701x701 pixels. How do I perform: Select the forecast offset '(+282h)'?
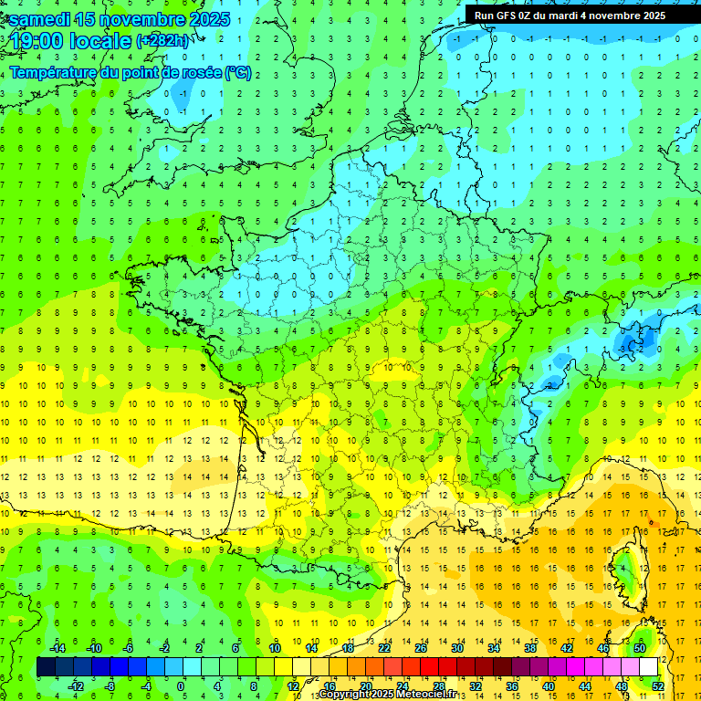tap(162, 41)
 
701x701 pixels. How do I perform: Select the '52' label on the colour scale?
tap(658, 686)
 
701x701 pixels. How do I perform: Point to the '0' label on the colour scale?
tap(181, 686)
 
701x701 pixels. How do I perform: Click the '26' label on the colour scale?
tap(421, 648)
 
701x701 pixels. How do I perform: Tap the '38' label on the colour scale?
tap(530, 648)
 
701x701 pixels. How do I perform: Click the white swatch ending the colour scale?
tap(649, 667)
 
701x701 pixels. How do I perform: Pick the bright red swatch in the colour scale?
tap(430, 667)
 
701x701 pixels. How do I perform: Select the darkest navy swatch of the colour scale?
tap(46, 667)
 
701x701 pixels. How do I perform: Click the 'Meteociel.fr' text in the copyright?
tap(433, 695)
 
